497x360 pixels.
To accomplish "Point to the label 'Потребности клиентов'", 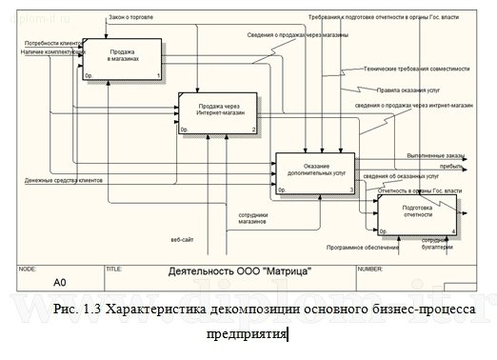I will (51, 44).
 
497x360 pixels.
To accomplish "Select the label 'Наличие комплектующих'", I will (51, 52).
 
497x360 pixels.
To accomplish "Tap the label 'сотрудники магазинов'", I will (252, 220).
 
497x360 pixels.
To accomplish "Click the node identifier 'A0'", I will (58, 283).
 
